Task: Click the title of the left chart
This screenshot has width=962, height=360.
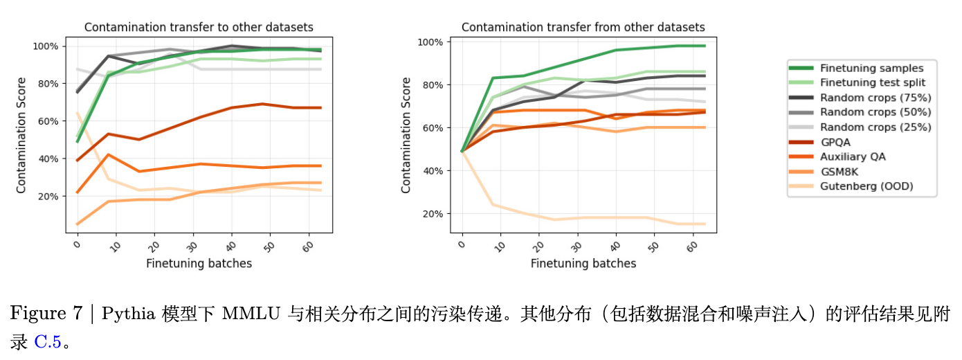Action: point(199,28)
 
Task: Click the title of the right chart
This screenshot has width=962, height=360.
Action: point(583,28)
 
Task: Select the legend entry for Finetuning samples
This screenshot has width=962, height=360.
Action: point(871,68)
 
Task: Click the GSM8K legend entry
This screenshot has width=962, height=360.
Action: point(839,172)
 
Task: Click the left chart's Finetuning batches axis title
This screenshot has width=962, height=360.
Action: point(199,263)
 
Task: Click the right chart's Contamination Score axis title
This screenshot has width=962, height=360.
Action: point(406,135)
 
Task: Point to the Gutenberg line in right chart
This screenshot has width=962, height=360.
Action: point(588,219)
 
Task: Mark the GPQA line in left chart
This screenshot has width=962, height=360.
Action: point(208,123)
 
